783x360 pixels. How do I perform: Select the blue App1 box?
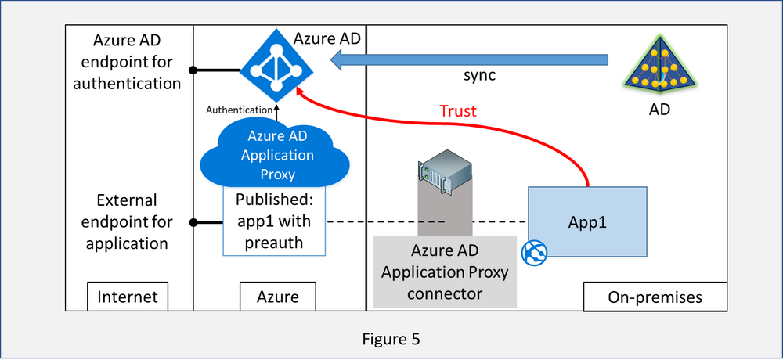(587, 221)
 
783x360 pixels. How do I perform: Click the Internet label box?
(128, 297)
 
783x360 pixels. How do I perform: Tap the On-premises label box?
(655, 297)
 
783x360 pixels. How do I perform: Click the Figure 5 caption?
(391, 338)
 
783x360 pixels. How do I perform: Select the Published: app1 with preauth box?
(266, 221)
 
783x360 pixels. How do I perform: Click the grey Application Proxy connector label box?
(445, 272)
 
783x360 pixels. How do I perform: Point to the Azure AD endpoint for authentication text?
(128, 60)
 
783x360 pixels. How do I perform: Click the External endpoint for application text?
(128, 221)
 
